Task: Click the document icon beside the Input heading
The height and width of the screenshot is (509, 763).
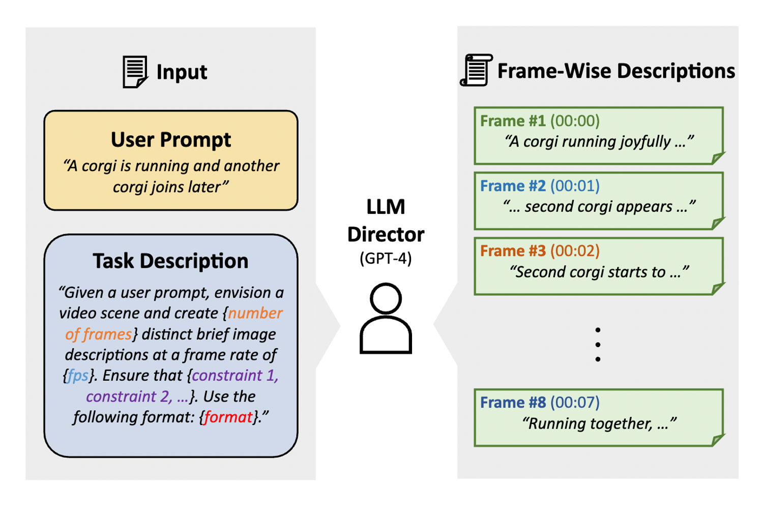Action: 135,72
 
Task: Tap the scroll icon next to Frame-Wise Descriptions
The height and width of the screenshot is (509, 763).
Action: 476,70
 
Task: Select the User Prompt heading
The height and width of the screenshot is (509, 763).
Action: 171,139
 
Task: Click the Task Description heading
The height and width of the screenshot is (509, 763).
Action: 170,261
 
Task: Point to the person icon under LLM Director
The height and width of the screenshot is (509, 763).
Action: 386,319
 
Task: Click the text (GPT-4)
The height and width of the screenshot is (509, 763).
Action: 386,259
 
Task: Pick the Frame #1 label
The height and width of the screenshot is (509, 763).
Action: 513,121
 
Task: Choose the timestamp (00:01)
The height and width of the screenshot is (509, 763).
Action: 575,186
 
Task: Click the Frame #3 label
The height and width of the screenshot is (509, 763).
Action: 513,251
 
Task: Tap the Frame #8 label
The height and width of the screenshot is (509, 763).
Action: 513,403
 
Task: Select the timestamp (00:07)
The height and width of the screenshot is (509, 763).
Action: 575,403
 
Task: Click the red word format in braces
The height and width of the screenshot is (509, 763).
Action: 228,417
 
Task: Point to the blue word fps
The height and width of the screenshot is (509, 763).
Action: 78,376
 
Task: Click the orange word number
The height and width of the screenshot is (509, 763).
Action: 255,313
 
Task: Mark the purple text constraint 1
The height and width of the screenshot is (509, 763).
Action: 235,376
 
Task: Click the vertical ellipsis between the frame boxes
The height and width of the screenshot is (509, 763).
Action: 598,345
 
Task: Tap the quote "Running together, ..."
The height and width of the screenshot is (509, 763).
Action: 599,423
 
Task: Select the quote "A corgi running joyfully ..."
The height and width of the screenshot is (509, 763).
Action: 599,142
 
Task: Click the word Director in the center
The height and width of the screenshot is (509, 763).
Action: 386,235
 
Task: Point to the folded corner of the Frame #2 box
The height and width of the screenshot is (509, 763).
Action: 718,223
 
